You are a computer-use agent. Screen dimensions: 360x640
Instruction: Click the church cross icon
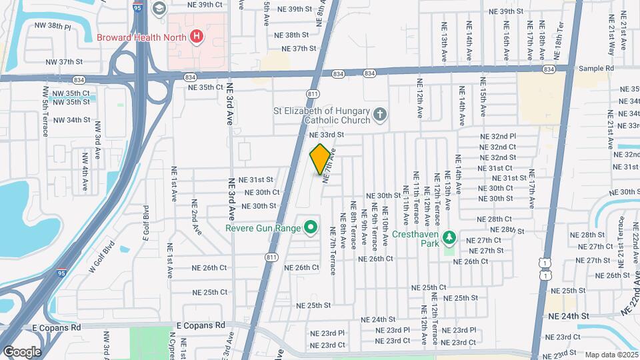tap(380, 115)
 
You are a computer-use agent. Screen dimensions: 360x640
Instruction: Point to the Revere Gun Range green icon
tap(310, 228)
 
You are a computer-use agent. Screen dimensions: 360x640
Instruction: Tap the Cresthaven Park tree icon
tap(449, 238)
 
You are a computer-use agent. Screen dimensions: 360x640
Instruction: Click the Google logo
tap(21, 352)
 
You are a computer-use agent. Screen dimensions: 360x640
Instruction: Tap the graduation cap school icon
tap(159, 8)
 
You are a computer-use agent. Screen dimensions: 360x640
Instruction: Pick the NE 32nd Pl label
tap(499, 136)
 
